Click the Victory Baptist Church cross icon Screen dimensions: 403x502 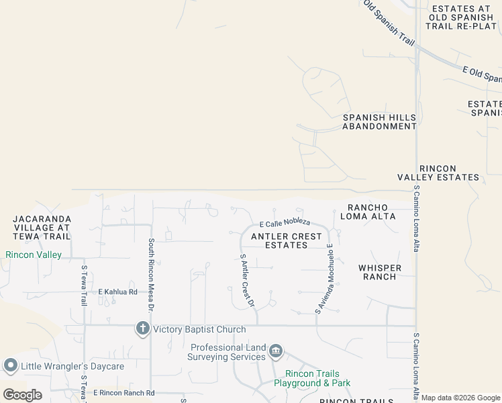[142, 329]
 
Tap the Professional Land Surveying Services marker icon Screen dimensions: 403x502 [275, 351]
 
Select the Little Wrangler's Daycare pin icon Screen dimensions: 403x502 [10, 366]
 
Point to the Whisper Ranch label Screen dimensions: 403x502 [380, 273]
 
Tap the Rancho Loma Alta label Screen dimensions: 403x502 [368, 212]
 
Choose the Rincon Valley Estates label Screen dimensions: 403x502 [448, 173]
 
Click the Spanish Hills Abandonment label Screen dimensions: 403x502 [379, 122]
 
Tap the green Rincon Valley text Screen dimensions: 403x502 [34, 255]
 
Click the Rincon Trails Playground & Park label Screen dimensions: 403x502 [312, 378]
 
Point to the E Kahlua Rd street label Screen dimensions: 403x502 [117, 292]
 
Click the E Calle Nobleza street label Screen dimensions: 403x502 [285, 222]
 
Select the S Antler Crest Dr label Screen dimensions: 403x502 [247, 281]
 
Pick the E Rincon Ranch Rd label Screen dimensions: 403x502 [123, 393]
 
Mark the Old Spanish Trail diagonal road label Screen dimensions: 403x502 [389, 21]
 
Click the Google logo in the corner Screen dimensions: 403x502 [22, 394]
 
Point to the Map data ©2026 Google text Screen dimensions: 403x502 [460, 398]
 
